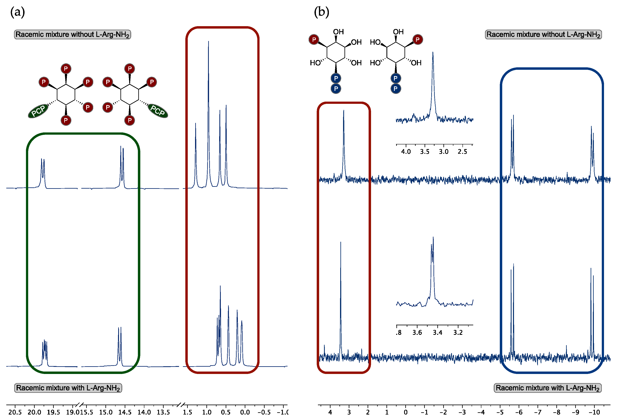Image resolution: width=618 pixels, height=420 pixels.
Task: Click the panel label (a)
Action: tap(18, 12)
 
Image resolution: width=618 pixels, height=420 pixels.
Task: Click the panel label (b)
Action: tap(322, 12)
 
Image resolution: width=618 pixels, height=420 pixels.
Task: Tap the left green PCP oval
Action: tap(38, 111)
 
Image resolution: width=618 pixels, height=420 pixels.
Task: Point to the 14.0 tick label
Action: tap(144, 412)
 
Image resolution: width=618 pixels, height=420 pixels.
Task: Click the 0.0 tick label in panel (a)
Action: tap(245, 412)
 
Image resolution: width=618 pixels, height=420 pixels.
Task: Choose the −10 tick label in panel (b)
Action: tap(594, 412)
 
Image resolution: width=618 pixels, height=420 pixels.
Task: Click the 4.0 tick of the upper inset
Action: tap(406, 152)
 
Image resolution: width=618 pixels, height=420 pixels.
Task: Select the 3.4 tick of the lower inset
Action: tap(437, 332)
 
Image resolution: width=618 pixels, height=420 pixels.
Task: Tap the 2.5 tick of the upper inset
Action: tap(462, 152)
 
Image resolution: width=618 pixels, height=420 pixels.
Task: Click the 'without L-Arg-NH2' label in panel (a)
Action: tap(72, 35)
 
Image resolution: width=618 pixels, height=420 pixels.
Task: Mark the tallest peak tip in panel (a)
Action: tap(208, 41)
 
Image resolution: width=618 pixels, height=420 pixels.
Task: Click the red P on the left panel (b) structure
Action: tap(314, 40)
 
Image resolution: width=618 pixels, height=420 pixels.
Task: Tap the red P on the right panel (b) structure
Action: tap(417, 40)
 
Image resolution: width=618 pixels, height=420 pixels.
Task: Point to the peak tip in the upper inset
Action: tap(433, 52)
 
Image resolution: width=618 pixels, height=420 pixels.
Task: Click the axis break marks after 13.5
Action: tap(181, 405)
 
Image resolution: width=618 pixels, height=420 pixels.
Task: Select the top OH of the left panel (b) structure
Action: tap(338, 32)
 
